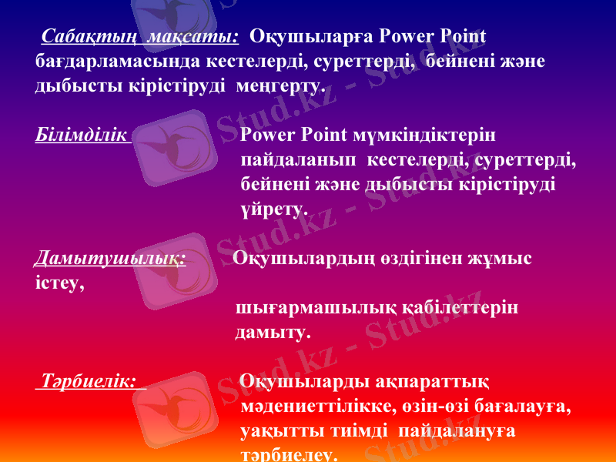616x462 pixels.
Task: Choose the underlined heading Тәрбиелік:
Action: (90, 381)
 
